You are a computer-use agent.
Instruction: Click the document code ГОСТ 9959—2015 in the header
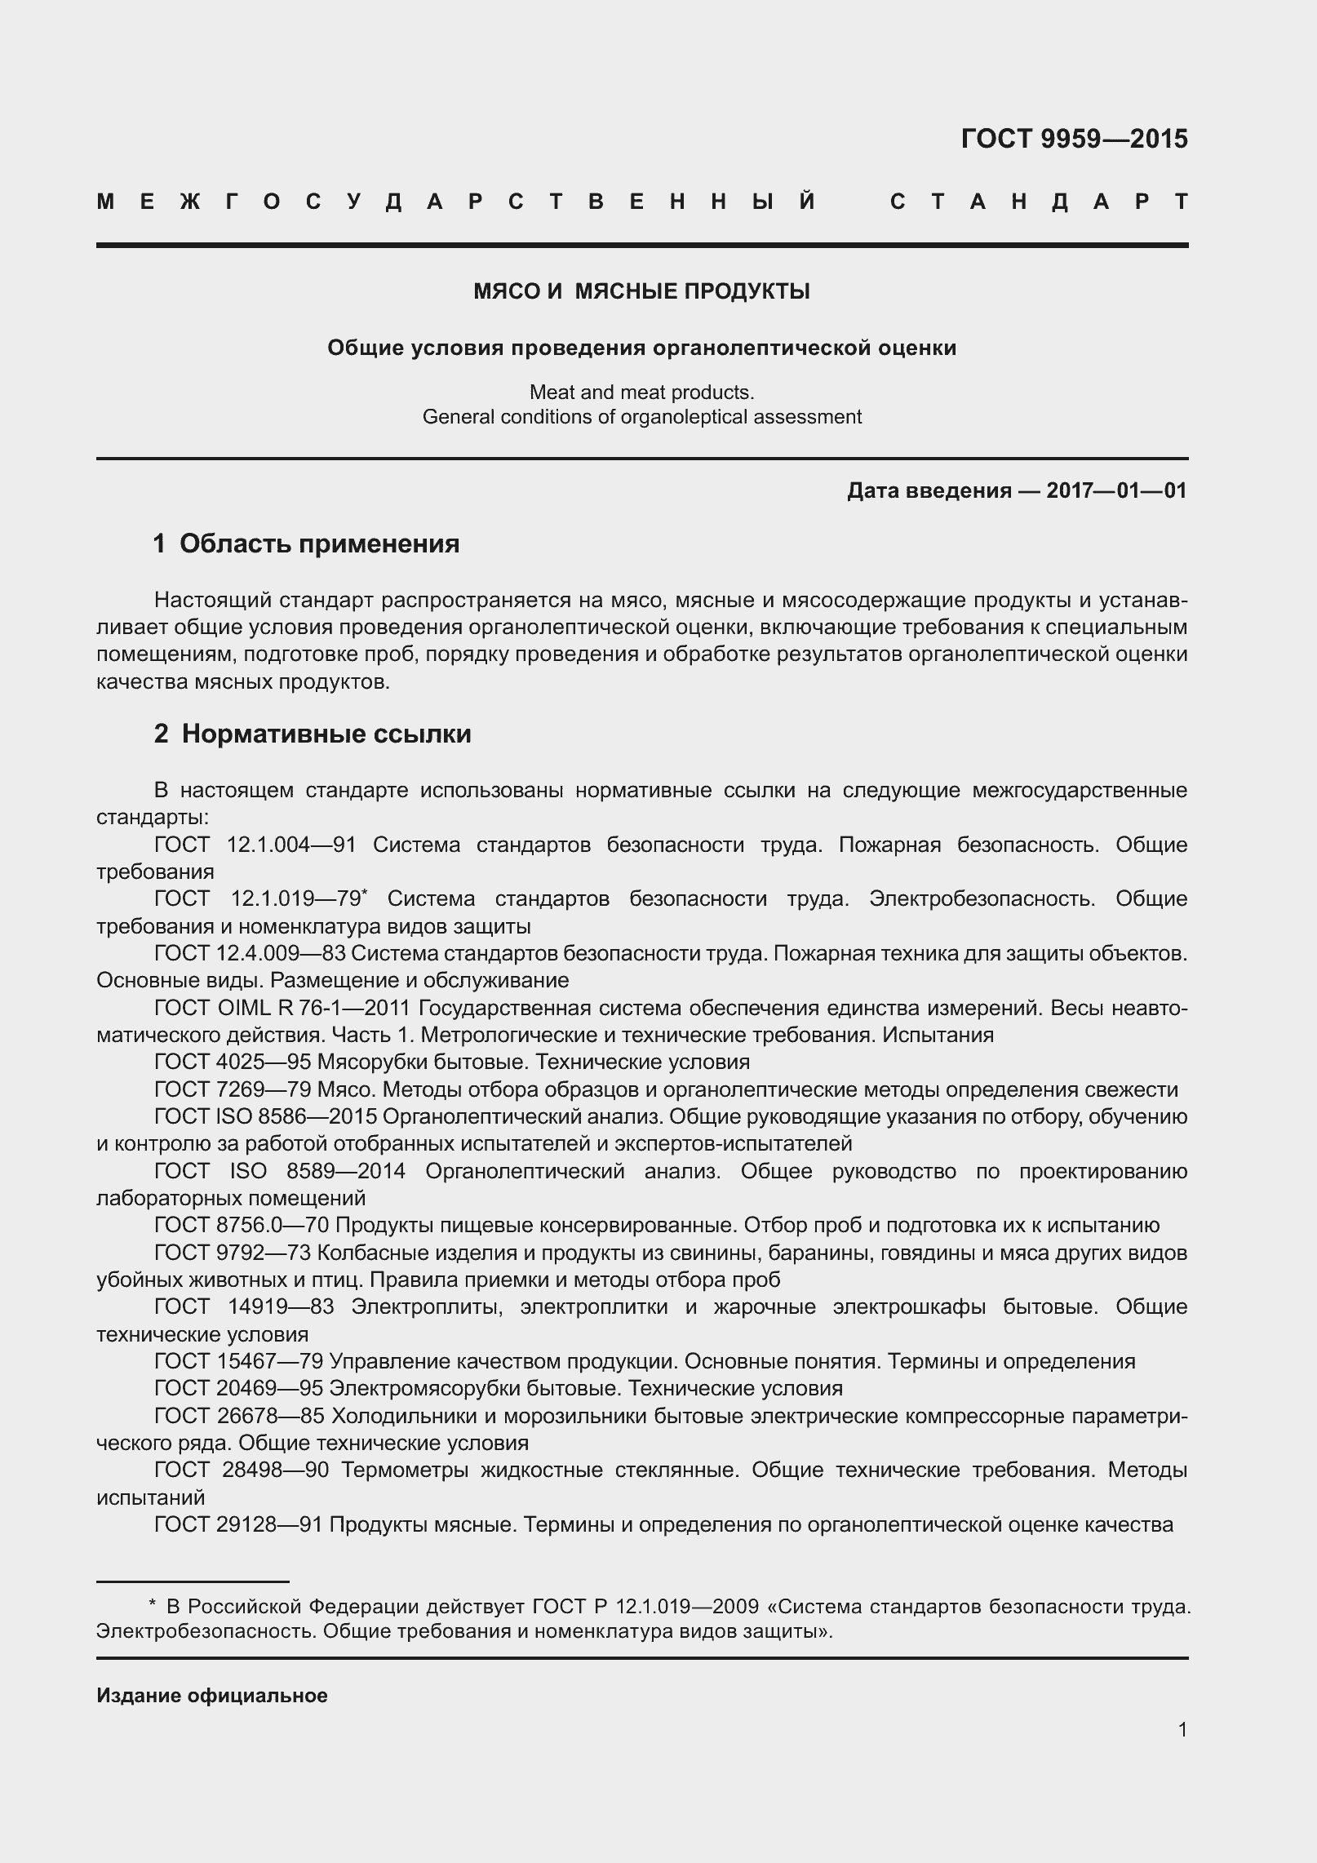pyautogui.click(x=1074, y=140)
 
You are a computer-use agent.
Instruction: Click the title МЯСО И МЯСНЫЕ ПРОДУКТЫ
pyautogui.click(x=641, y=291)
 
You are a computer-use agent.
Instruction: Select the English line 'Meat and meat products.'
pyautogui.click(x=641, y=393)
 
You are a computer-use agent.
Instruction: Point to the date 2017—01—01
pyautogui.click(x=1116, y=490)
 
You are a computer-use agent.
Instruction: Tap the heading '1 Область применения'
pyautogui.click(x=306, y=543)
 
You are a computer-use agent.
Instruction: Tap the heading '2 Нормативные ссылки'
pyautogui.click(x=313, y=734)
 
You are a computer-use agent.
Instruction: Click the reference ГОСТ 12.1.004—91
pyautogui.click(x=255, y=845)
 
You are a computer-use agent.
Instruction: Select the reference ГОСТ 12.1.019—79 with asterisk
pyautogui.click(x=259, y=899)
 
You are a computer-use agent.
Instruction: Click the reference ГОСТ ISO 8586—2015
pyautogui.click(x=265, y=1117)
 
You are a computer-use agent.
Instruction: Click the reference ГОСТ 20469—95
pyautogui.click(x=239, y=1389)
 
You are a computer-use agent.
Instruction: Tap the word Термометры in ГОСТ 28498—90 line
pyautogui.click(x=405, y=1470)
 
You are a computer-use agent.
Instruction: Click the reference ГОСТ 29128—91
pyautogui.click(x=239, y=1524)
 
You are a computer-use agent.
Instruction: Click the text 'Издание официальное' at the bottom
pyautogui.click(x=212, y=1696)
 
